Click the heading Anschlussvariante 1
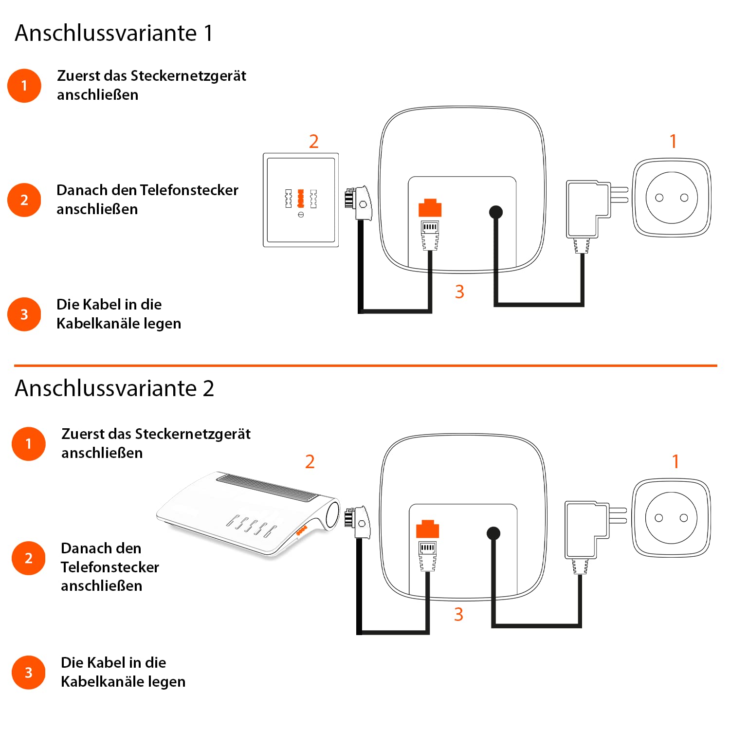pos(114,33)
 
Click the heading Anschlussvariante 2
pos(114,388)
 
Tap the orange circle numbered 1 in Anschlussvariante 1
pos(24,86)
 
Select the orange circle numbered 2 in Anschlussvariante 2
pos(29,558)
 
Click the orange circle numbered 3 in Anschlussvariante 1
pos(24,314)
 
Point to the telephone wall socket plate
pos(301,200)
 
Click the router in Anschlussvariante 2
pos(248,513)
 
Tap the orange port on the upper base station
pos(430,208)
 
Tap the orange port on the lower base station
pos(427,529)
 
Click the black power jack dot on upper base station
pos(495,212)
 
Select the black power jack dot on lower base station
pos(493,533)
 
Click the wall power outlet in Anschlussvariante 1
pos(672,198)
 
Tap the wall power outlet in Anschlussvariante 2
pos(671,518)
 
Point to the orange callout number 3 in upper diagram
pos(459,292)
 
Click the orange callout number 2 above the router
pos(310,461)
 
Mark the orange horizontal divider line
pos(365,365)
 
